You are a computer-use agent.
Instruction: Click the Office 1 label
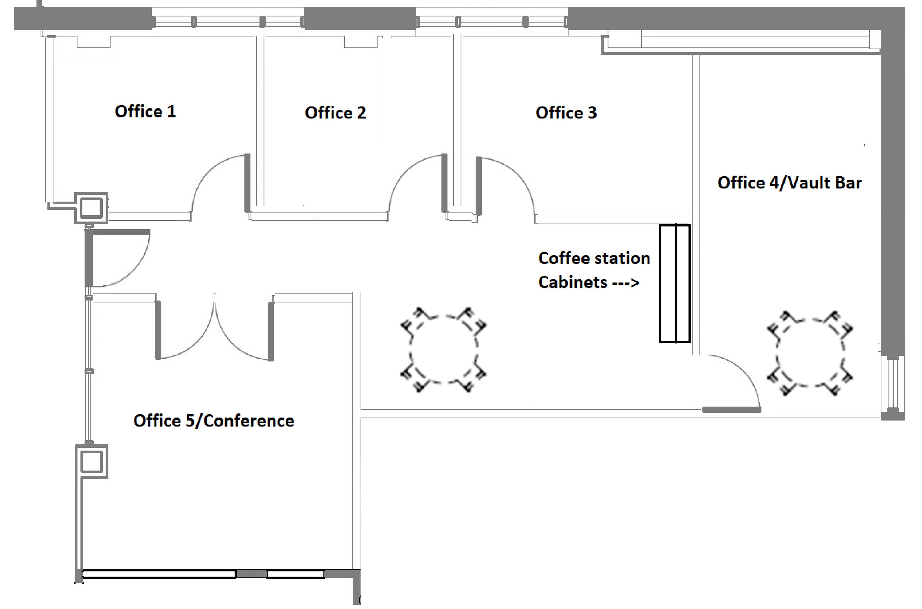[x=145, y=111]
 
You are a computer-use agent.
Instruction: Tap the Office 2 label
[x=336, y=113]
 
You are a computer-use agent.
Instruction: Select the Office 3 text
[x=566, y=113]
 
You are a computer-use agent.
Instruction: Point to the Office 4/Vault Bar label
[x=790, y=183]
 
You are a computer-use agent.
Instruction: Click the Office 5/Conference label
[x=214, y=421]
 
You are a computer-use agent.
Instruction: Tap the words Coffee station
[x=594, y=258]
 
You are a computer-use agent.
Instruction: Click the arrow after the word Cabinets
[x=626, y=283]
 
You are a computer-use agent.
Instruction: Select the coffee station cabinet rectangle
[x=675, y=284]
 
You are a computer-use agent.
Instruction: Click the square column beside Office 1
[x=91, y=208]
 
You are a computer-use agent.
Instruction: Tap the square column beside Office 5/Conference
[x=91, y=461]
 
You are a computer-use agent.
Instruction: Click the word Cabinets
[x=573, y=282]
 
